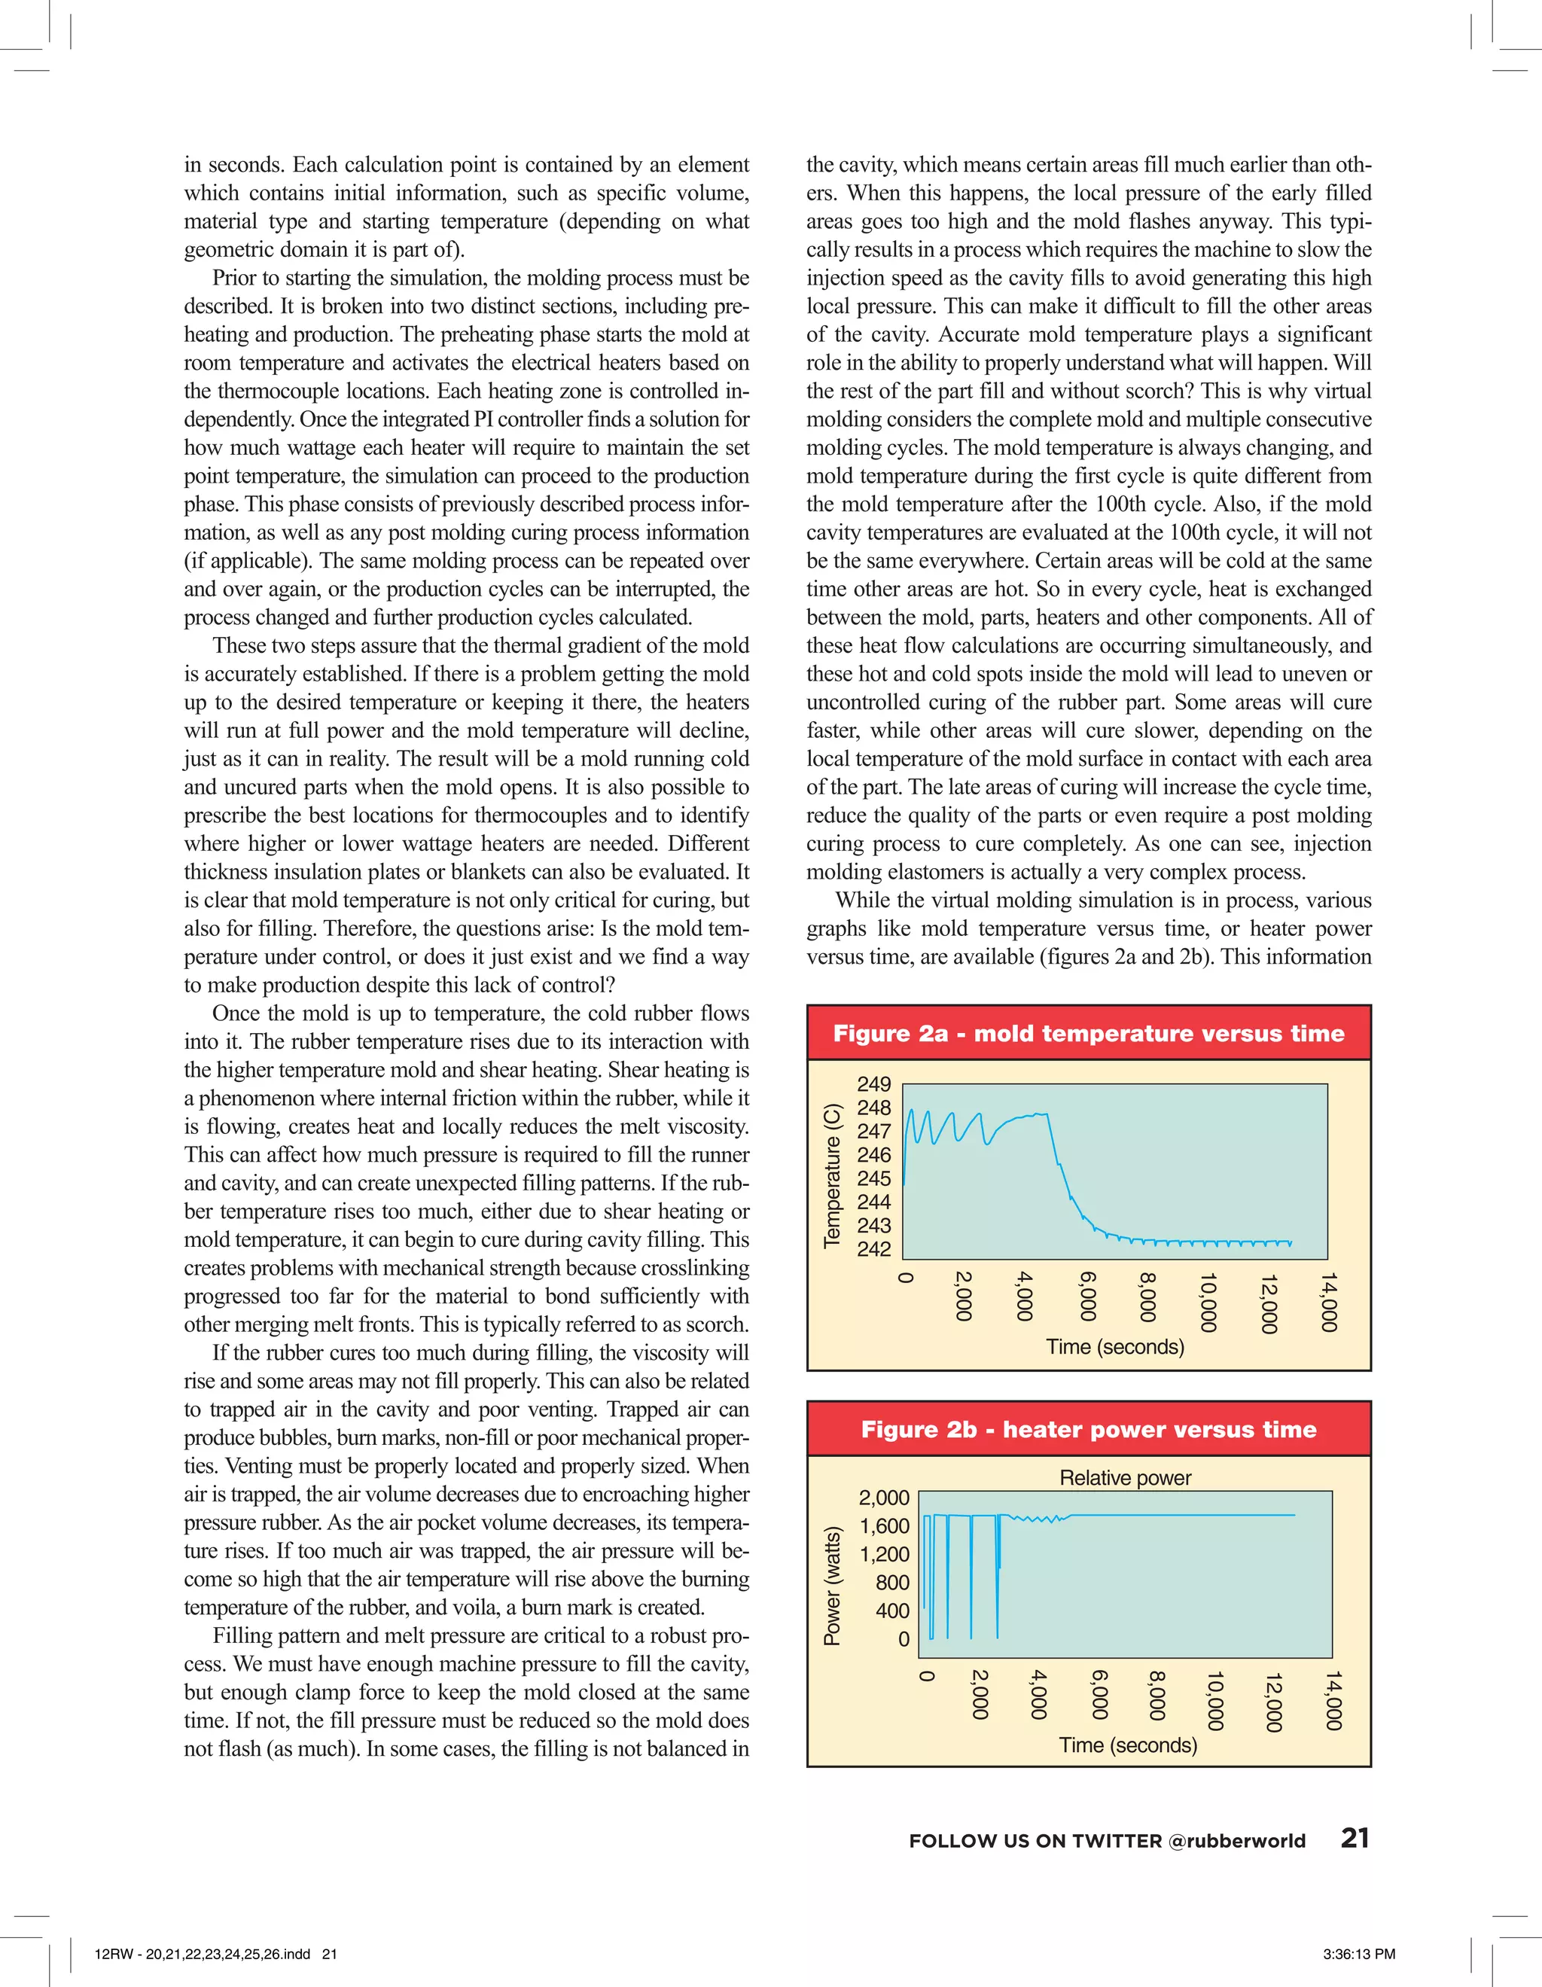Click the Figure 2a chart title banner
[x=1088, y=1034]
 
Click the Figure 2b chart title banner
[x=1088, y=1429]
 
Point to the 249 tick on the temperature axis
[x=873, y=1083]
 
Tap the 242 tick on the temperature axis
[x=873, y=1249]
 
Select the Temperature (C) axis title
[x=831, y=1175]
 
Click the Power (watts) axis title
[x=831, y=1586]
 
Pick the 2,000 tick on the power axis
[x=883, y=1498]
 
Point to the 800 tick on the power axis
[x=891, y=1582]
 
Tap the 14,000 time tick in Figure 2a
[x=1329, y=1302]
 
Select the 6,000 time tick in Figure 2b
[x=1099, y=1694]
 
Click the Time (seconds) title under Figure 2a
[x=1114, y=1346]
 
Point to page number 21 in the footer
[x=1355, y=1838]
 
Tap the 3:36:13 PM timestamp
[x=1359, y=1953]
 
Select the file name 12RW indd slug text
[x=215, y=1953]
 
